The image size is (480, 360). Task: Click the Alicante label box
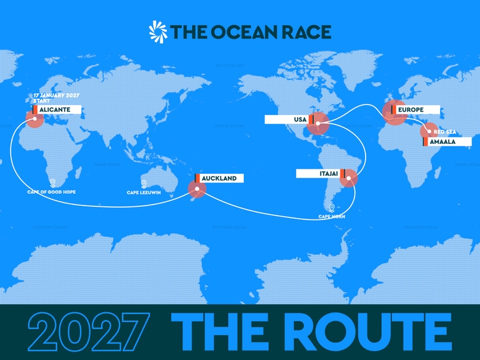57,109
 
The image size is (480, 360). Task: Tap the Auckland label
219,178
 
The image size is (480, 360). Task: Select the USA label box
287,119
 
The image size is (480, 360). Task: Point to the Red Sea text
444,132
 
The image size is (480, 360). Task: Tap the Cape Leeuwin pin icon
144,184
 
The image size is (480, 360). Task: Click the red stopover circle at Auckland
197,188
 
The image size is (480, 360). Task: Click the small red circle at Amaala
429,131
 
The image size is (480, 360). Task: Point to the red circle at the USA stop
318,123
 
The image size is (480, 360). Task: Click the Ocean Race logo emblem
158,31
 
